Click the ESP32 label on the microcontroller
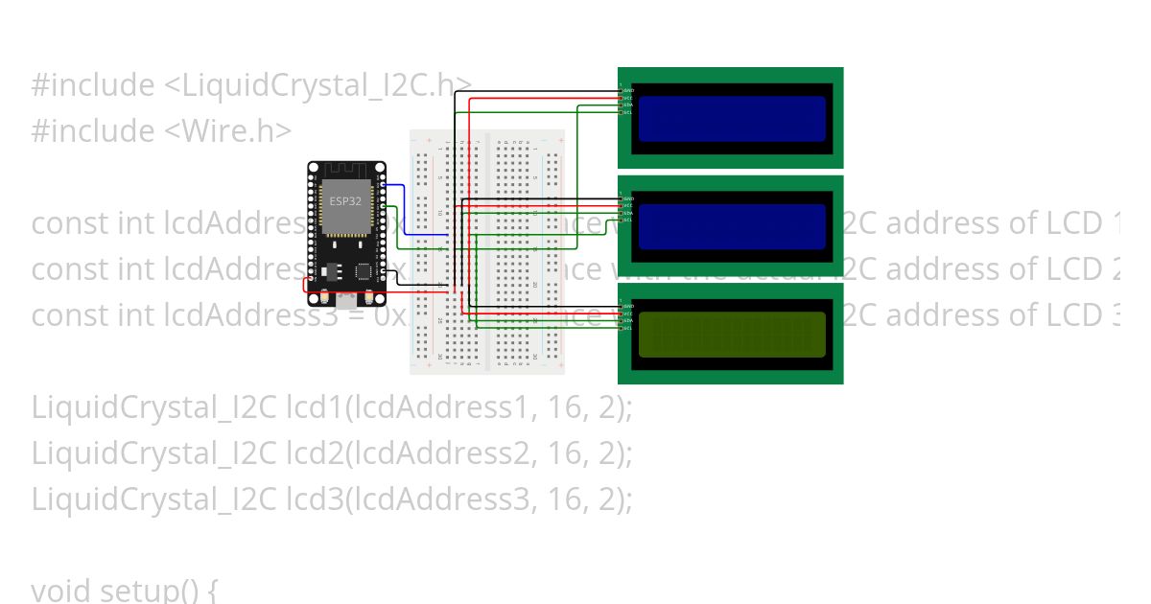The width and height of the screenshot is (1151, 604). click(345, 201)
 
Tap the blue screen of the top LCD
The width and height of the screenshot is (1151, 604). click(732, 119)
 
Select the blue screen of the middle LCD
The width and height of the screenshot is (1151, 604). click(732, 227)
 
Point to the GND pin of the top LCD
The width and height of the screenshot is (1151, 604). click(622, 90)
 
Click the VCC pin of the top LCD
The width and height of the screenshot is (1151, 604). click(622, 98)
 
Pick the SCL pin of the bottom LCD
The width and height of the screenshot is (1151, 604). click(622, 328)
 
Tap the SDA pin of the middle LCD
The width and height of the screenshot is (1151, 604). click(622, 213)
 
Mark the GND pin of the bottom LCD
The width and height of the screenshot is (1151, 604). click(622, 306)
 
